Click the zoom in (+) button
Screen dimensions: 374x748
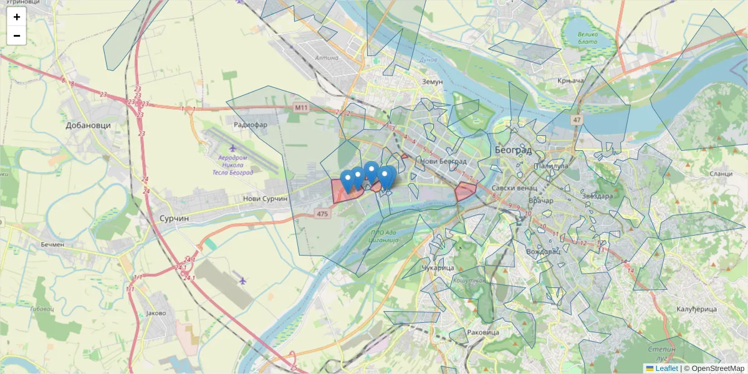click(17, 17)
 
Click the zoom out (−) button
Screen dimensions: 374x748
click(17, 36)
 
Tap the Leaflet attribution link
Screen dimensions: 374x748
click(666, 368)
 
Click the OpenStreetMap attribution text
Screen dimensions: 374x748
click(717, 368)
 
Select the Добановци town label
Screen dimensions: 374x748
click(88, 125)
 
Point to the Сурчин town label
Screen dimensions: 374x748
click(175, 219)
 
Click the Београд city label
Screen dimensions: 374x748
click(513, 150)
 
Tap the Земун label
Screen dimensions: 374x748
click(431, 82)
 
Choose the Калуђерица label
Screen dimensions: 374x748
click(696, 309)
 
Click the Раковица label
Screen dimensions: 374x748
click(483, 333)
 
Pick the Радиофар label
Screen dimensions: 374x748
click(250, 125)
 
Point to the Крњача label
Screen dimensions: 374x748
click(570, 81)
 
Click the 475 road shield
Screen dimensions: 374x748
click(322, 214)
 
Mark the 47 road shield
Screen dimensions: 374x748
click(576, 119)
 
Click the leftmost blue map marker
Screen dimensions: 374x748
click(348, 180)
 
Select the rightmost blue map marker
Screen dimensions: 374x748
click(386, 176)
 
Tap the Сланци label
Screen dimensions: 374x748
click(721, 174)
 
